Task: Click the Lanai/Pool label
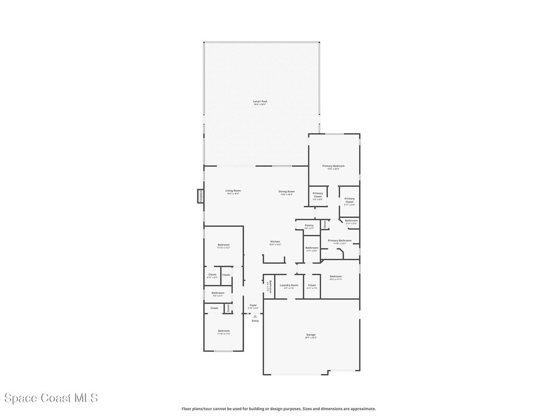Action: pyautogui.click(x=260, y=102)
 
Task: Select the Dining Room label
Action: pyautogui.click(x=287, y=192)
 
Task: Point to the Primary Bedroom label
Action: pyautogui.click(x=333, y=167)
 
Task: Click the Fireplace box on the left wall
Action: pyautogui.click(x=200, y=196)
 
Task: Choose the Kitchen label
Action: pyautogui.click(x=275, y=242)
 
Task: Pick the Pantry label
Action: pyautogui.click(x=309, y=226)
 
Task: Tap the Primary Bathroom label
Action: pyautogui.click(x=339, y=241)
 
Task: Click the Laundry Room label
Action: pyautogui.click(x=289, y=286)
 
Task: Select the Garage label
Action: pyautogui.click(x=311, y=336)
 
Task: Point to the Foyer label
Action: pyautogui.click(x=253, y=306)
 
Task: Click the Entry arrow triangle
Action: pyautogui.click(x=255, y=316)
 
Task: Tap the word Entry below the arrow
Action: pyautogui.click(x=255, y=321)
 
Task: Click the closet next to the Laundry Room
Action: pyautogui.click(x=312, y=286)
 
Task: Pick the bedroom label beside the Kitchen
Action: pyautogui.click(x=224, y=246)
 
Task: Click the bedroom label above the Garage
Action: pyautogui.click(x=336, y=277)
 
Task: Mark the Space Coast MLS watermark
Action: pyautogui.click(x=49, y=399)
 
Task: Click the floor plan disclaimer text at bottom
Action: pyautogui.click(x=278, y=409)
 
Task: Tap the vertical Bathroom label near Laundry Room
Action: pyautogui.click(x=269, y=287)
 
